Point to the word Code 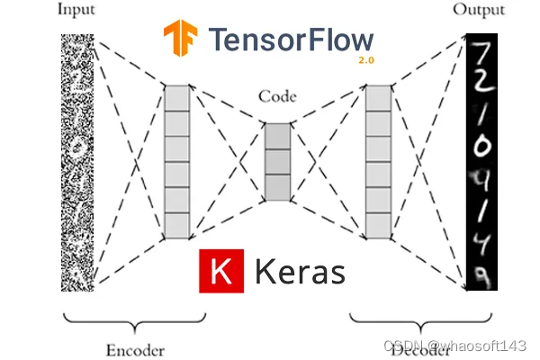tap(277, 95)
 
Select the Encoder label tap(135, 350)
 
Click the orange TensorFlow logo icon tap(181, 40)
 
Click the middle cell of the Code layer tap(277, 162)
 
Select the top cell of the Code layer tap(277, 137)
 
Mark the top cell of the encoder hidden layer tap(177, 97)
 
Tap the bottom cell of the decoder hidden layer tap(378, 224)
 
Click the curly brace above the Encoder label tap(135, 323)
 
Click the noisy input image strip tap(78, 162)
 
